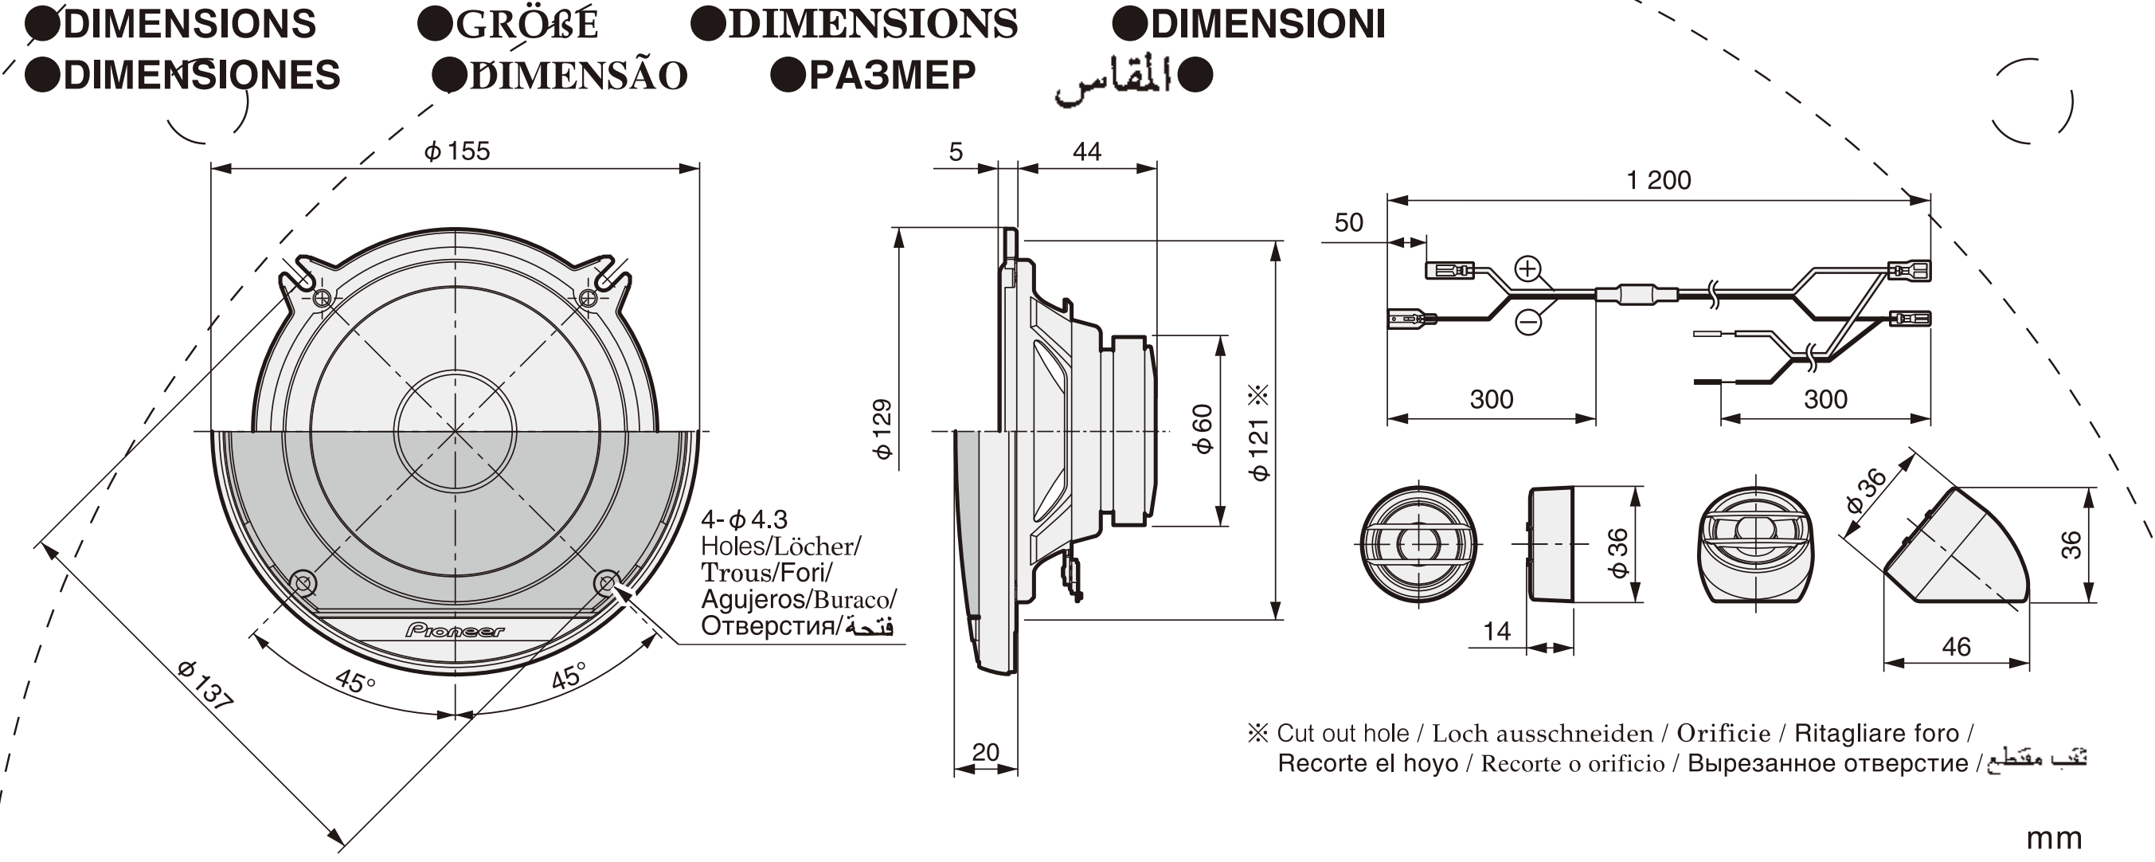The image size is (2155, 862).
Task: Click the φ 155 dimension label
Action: point(457,151)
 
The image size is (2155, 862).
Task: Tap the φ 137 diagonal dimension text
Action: point(204,685)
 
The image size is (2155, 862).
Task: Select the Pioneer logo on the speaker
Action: point(455,630)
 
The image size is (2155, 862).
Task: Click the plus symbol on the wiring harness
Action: point(1527,268)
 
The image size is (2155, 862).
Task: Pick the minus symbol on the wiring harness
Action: point(1528,321)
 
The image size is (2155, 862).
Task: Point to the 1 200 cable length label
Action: point(1658,180)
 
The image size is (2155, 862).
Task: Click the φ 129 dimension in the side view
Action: point(882,429)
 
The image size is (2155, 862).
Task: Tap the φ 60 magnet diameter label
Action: point(1203,429)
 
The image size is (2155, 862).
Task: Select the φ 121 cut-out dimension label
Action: point(1258,449)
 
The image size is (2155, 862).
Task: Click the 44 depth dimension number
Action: point(1087,151)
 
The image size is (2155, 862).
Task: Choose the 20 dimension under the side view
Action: point(985,751)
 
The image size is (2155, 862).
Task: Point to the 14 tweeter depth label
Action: point(1496,631)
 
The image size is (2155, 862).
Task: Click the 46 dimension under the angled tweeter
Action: point(1956,646)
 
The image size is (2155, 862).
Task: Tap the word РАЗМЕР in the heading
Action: point(892,76)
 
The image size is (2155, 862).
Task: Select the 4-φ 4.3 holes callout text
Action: point(744,519)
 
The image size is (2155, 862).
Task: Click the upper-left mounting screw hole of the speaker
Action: point(322,297)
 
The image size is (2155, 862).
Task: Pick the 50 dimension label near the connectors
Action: point(1348,222)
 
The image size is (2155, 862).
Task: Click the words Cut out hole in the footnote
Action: point(1342,733)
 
